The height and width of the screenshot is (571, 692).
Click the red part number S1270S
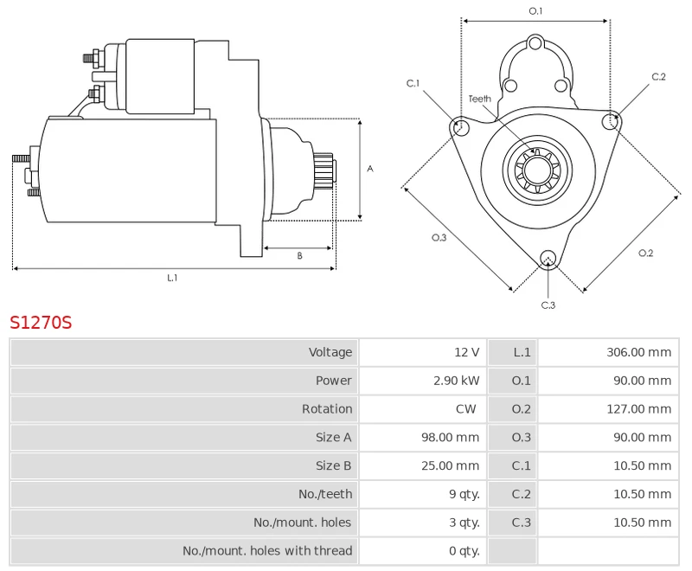tap(41, 324)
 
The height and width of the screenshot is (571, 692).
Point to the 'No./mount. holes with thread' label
tap(267, 551)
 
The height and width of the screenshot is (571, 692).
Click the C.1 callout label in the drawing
tap(413, 83)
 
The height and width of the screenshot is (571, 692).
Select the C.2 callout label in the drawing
tap(658, 77)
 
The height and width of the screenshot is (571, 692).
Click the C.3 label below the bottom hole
tap(548, 305)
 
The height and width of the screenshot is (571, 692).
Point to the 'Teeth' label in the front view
tap(479, 99)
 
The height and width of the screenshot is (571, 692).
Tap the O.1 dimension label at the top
tap(535, 10)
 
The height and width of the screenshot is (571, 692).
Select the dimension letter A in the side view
tap(369, 169)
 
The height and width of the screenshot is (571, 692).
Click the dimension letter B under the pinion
tap(299, 256)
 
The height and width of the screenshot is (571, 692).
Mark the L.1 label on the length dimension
tap(172, 278)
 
